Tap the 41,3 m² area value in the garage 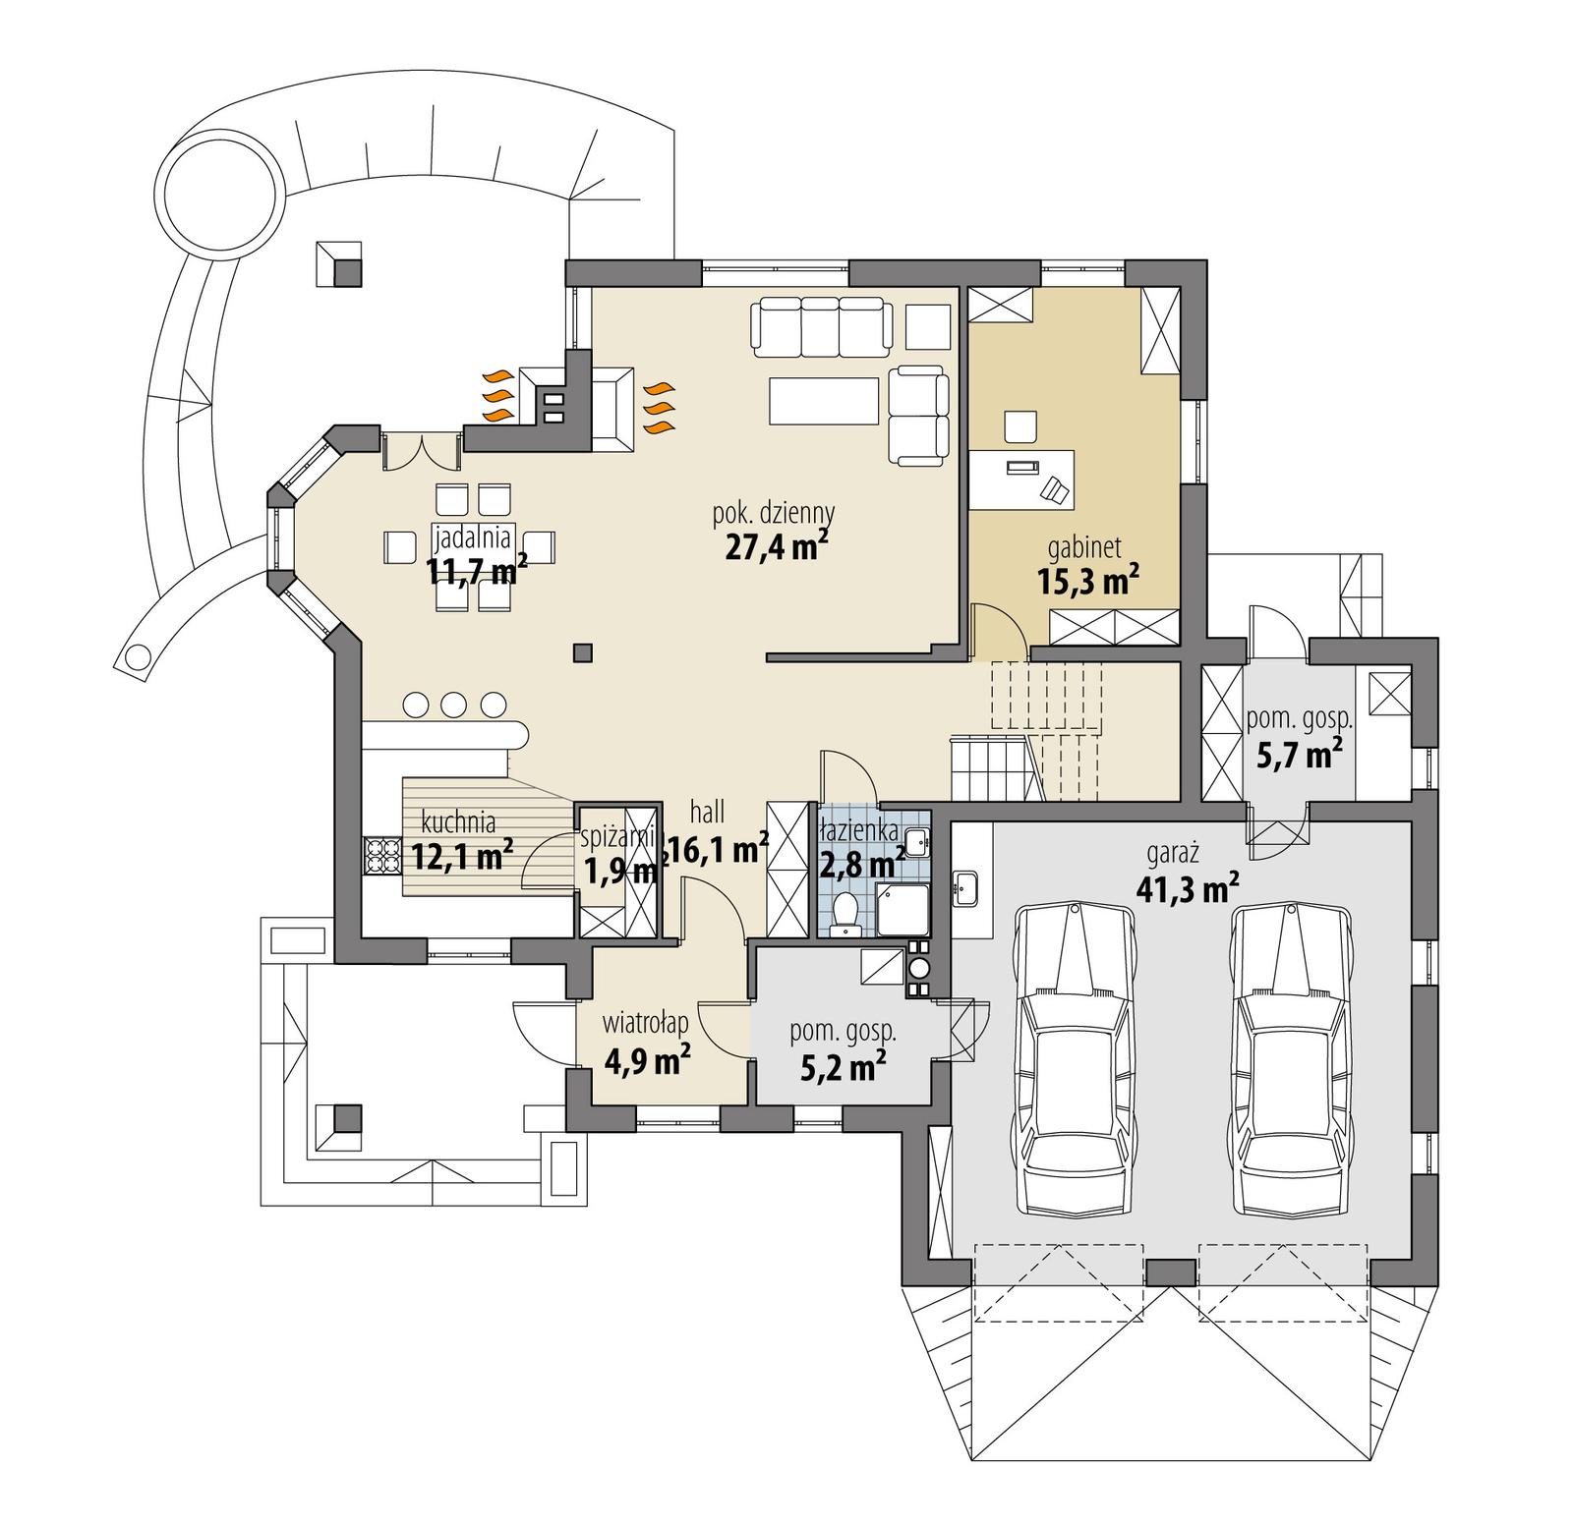(x=1187, y=888)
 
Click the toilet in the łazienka (x=844, y=914)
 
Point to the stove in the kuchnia (x=381, y=856)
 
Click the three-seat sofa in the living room (x=822, y=329)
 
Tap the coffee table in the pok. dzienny (x=824, y=401)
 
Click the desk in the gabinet (x=1022, y=479)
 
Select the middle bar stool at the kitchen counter (x=453, y=704)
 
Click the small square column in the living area (x=583, y=651)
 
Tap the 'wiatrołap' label (x=645, y=1023)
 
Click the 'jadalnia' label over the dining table (x=472, y=537)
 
